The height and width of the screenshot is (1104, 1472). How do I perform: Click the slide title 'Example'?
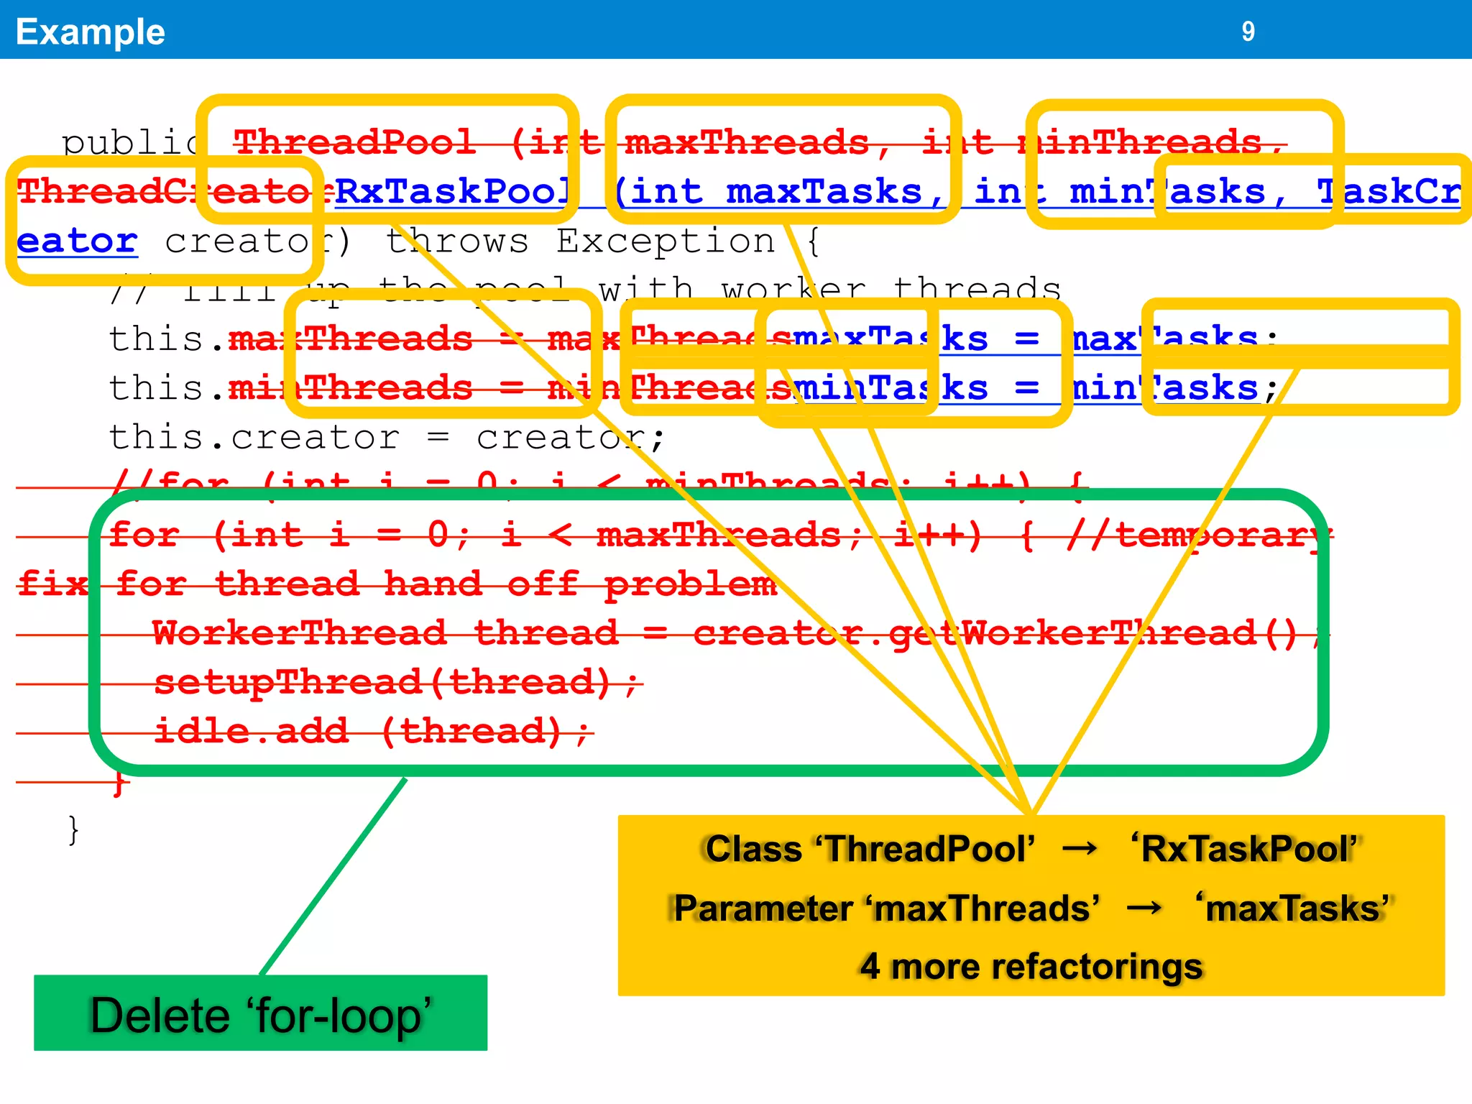tap(91, 32)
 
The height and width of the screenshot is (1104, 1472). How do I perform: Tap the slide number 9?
tap(1248, 32)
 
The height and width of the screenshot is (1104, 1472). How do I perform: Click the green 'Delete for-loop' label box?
tap(260, 1014)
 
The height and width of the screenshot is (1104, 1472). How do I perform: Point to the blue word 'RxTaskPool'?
tap(453, 192)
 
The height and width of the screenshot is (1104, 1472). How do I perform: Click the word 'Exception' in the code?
tap(666, 241)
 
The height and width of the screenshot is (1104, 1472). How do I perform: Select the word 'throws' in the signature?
tap(457, 241)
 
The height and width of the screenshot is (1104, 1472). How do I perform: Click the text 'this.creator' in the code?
tap(254, 437)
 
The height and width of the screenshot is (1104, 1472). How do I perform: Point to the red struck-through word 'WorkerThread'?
tap(299, 633)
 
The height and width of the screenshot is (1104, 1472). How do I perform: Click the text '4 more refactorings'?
tap(1031, 966)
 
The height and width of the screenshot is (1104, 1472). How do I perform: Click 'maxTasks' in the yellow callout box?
tap(1294, 908)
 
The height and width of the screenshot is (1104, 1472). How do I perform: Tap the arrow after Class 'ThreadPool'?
tap(1080, 849)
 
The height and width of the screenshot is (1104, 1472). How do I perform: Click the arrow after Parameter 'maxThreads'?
tap(1145, 908)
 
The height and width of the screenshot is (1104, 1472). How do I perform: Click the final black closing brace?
tap(73, 829)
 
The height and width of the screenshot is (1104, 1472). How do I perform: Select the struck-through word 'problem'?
tap(690, 584)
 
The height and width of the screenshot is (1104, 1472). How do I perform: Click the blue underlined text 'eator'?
tap(77, 241)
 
